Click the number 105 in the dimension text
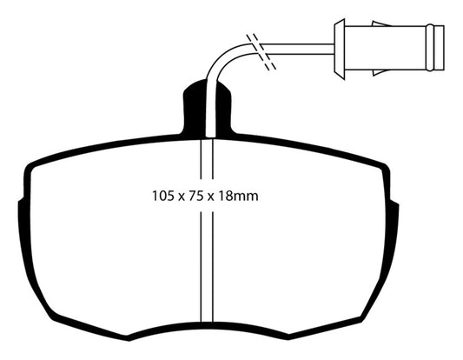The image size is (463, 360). (163, 196)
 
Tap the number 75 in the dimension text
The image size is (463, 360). (196, 196)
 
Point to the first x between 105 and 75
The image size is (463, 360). (182, 197)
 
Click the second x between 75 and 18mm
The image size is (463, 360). (210, 197)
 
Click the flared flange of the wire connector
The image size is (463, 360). (340, 49)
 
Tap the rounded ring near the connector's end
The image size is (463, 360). (430, 48)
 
